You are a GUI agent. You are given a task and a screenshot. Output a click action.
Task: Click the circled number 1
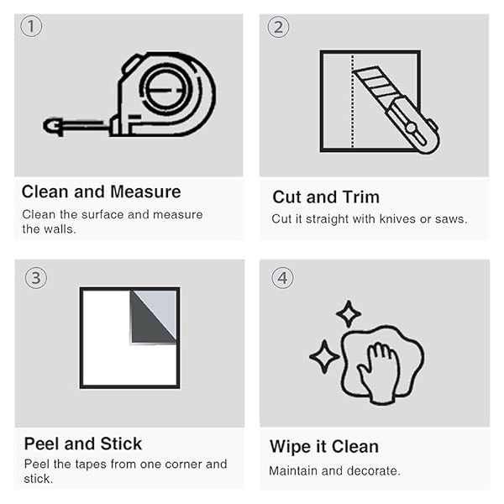click(x=31, y=26)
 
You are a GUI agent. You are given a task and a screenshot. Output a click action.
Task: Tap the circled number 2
click(x=278, y=27)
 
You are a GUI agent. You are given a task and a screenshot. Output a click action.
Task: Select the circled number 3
click(x=36, y=278)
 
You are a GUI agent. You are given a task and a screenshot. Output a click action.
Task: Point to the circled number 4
click(x=282, y=278)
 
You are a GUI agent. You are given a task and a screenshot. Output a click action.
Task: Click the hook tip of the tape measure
click(x=51, y=126)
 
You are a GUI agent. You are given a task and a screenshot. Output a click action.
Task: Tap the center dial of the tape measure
click(x=165, y=89)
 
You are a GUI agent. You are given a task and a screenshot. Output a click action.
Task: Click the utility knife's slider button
click(x=412, y=128)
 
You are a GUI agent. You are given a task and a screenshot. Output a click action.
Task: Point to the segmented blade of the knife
click(x=376, y=83)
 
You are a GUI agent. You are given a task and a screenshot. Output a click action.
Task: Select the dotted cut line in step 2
click(x=353, y=101)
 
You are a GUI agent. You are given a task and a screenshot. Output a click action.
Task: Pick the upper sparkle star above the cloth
click(x=349, y=313)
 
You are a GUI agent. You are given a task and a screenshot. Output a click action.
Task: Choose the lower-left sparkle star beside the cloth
click(x=324, y=356)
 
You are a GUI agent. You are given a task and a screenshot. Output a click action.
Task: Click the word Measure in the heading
click(x=145, y=192)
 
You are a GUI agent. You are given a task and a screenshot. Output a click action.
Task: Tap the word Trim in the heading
click(x=361, y=197)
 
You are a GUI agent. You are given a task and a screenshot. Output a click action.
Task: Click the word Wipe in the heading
click(x=291, y=447)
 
